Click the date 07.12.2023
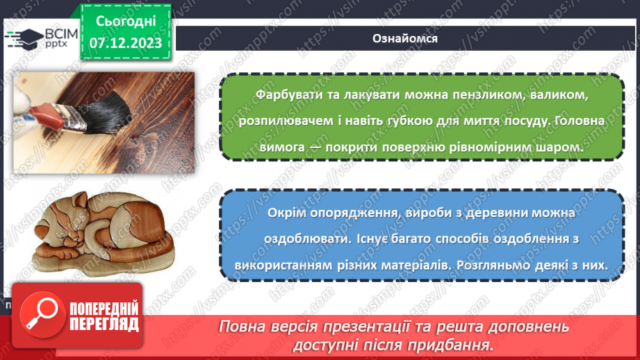[x=125, y=43]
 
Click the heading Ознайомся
[x=404, y=38]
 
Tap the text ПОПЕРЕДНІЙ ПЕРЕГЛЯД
[x=103, y=317]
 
